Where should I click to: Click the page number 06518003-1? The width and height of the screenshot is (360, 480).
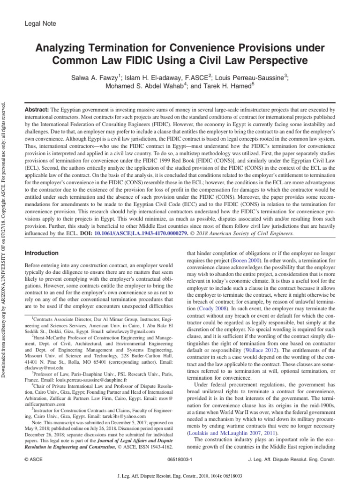pos(180,460)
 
